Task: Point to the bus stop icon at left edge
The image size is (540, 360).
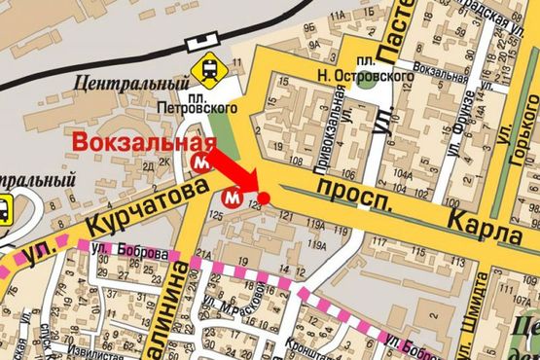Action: click(4, 206)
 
